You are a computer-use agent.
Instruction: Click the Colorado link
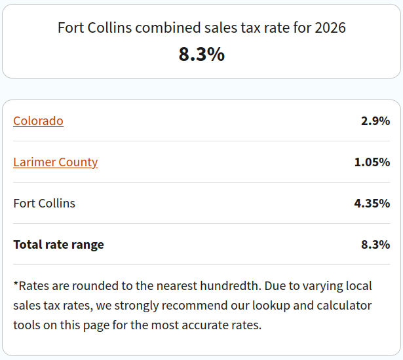[x=38, y=121]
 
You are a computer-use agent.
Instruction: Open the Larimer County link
[x=55, y=162]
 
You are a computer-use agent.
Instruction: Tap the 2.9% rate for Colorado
[x=375, y=121]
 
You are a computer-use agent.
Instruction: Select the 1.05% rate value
[x=372, y=162]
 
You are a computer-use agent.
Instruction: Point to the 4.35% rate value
[x=372, y=204]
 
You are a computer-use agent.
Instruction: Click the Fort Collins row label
[x=44, y=204]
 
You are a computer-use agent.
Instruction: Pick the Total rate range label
[x=58, y=245]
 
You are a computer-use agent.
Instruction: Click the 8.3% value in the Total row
[x=375, y=245]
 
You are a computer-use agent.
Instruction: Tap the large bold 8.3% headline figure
[x=201, y=54]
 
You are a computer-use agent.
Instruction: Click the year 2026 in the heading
[x=330, y=28]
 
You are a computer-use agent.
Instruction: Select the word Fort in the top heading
[x=70, y=28]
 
